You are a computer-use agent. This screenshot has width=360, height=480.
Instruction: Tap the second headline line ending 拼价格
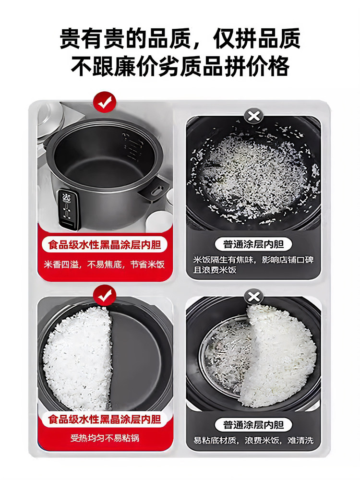[x=180, y=67]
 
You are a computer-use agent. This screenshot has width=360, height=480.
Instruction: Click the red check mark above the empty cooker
[x=105, y=102]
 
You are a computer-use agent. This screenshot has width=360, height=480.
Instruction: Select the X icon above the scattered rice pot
[x=253, y=116]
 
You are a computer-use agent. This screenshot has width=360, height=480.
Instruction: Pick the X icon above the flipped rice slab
[x=253, y=297]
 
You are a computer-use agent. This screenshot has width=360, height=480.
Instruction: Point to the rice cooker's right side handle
[x=157, y=189]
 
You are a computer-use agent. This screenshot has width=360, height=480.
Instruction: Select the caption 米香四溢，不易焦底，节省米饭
[x=105, y=264]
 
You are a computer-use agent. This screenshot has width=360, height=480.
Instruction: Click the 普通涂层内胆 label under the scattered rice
[x=253, y=244]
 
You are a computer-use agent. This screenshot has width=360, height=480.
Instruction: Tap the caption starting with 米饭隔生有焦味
[x=253, y=264]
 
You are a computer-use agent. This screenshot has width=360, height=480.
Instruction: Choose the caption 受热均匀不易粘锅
[x=105, y=438]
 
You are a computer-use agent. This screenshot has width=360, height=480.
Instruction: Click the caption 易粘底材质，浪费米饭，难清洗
[x=253, y=440]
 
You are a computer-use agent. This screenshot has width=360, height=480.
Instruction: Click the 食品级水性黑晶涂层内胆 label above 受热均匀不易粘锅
[x=105, y=419]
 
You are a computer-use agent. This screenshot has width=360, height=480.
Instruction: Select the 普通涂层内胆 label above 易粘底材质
[x=253, y=424]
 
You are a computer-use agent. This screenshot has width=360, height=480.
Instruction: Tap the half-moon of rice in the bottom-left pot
[x=79, y=358]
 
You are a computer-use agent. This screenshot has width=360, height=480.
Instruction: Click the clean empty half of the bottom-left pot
[x=139, y=358]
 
